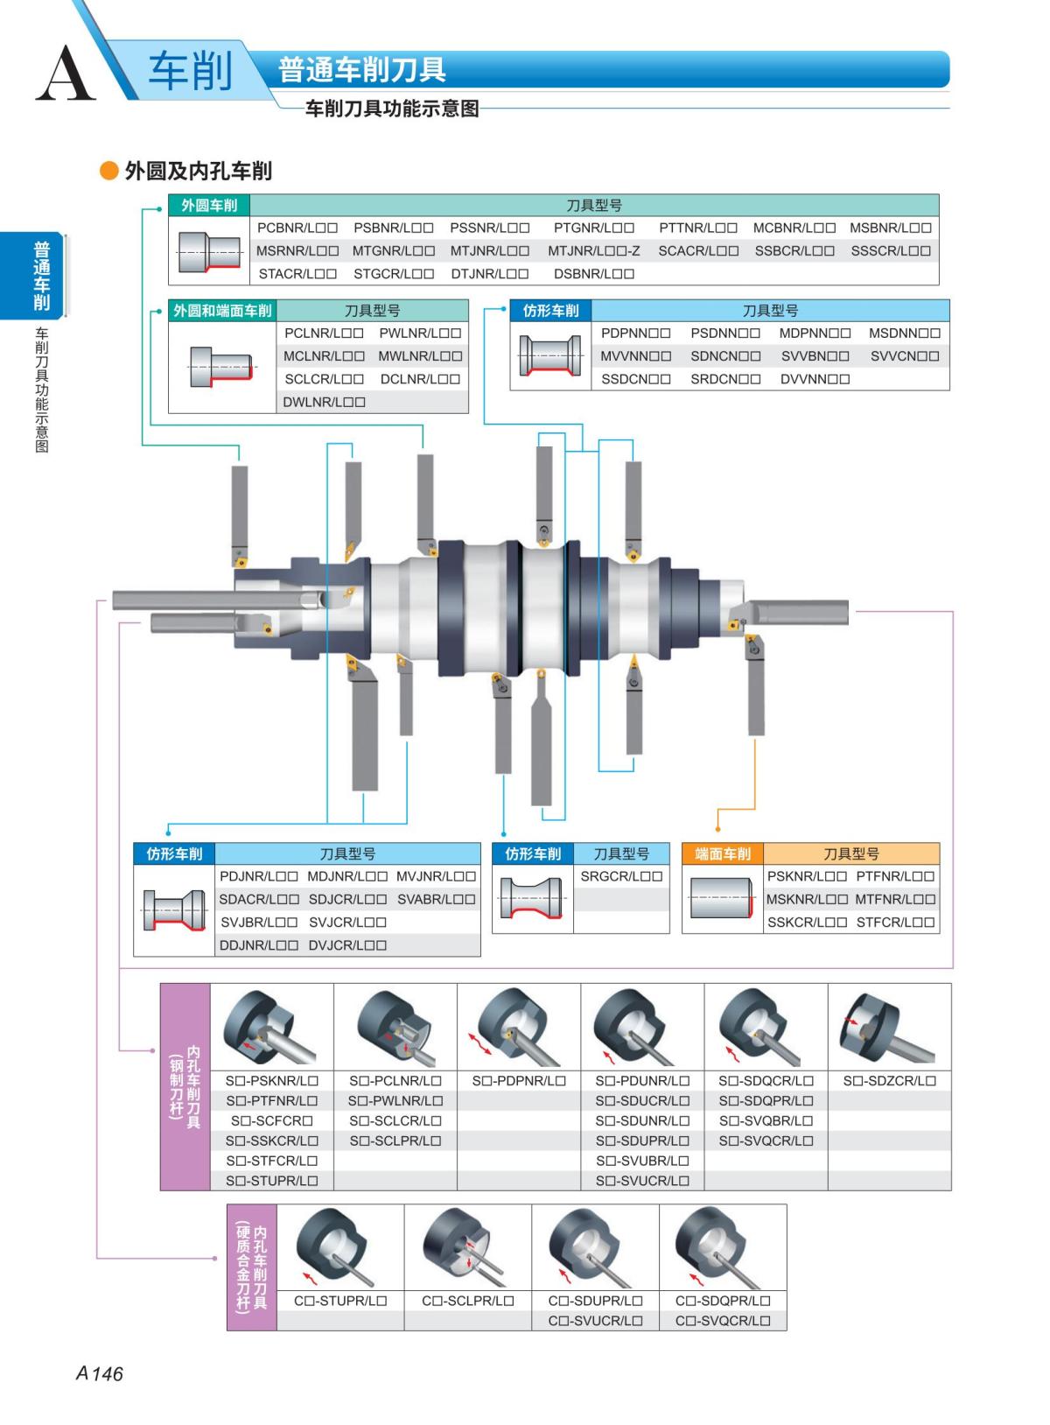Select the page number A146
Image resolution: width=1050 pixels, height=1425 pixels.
click(x=99, y=1373)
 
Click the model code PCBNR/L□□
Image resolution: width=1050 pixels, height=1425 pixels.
click(x=297, y=228)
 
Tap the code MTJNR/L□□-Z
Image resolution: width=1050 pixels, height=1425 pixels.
click(x=594, y=250)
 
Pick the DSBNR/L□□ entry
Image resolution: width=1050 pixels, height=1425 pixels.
click(x=594, y=273)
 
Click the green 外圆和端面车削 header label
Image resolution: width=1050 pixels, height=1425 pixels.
click(x=222, y=311)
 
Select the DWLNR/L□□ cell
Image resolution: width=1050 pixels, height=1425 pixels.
click(x=324, y=402)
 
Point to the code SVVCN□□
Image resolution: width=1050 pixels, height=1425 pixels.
click(x=905, y=356)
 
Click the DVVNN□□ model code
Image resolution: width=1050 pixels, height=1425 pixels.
click(x=815, y=379)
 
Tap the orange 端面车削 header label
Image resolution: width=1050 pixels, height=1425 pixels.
click(x=723, y=853)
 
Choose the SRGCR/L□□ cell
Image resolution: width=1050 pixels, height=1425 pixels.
click(x=621, y=876)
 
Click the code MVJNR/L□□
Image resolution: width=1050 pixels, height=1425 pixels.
click(x=436, y=876)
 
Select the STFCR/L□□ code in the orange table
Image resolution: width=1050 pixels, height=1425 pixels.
click(x=895, y=922)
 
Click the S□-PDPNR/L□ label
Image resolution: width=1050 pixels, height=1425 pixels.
click(x=519, y=1081)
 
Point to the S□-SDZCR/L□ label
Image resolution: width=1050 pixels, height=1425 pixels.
click(x=889, y=1081)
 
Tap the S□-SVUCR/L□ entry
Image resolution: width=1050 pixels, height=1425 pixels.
click(x=642, y=1181)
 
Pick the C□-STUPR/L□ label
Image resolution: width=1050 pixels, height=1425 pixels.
click(x=340, y=1301)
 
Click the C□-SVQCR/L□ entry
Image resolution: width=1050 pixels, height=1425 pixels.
click(x=723, y=1321)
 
